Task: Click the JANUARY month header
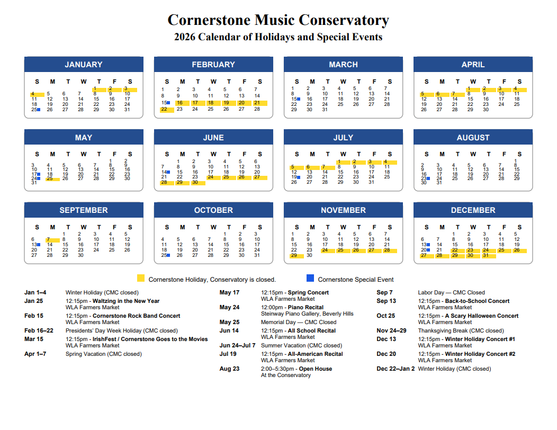point(84,65)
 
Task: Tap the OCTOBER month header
point(213,210)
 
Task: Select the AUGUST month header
point(473,138)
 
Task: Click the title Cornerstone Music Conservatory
point(278,20)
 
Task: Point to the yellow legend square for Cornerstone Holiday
point(141,279)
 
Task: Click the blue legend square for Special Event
point(310,279)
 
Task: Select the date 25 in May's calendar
point(50,178)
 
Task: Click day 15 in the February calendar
point(164,103)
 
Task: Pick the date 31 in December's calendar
point(486,255)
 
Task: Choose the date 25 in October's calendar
point(164,255)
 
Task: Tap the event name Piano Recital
point(307,307)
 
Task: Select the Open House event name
point(316,369)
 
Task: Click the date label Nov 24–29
point(391,330)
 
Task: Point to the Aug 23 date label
point(229,369)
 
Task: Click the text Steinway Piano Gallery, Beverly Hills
point(307,313)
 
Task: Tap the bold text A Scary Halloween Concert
point(481,316)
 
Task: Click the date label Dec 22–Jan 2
point(396,369)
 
